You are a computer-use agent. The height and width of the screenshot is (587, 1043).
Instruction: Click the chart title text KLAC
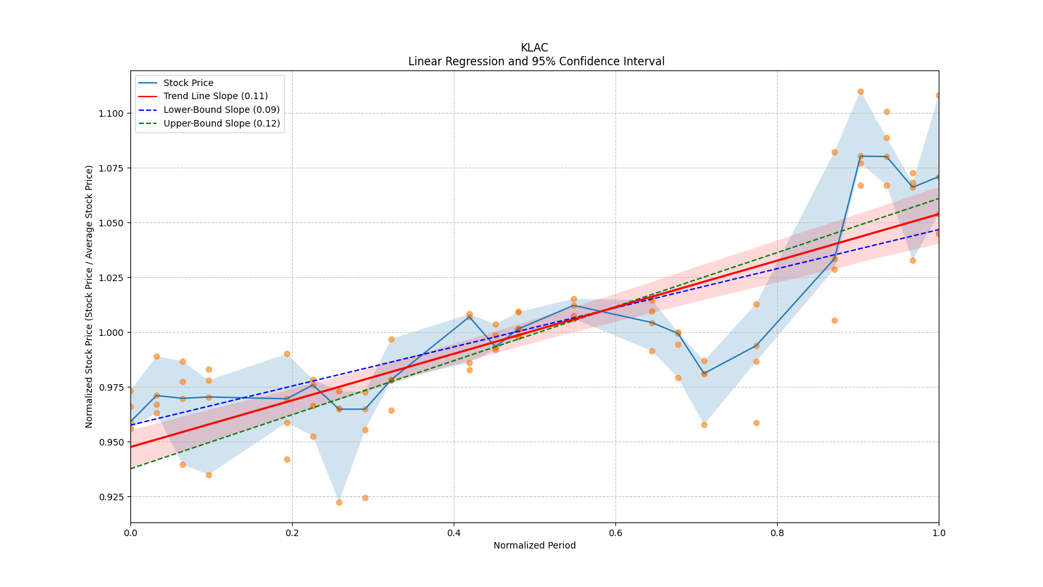pos(534,48)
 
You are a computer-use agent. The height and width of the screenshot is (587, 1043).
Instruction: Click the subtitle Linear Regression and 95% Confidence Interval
pos(536,61)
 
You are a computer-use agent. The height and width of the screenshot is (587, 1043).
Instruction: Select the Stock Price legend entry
pos(188,83)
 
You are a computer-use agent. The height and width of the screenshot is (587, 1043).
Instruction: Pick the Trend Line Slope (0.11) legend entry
pos(215,97)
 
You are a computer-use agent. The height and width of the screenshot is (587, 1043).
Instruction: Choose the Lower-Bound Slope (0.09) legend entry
pos(221,110)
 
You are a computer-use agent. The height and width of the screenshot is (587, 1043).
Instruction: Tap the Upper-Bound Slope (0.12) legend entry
pos(222,123)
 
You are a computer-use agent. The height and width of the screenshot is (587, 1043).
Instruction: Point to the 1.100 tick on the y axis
pos(110,113)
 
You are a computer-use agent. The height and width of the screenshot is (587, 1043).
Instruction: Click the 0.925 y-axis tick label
pos(110,497)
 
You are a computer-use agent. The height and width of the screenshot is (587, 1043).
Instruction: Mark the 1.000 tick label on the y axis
pos(110,333)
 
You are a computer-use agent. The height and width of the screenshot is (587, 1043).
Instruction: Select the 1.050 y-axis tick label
pos(110,223)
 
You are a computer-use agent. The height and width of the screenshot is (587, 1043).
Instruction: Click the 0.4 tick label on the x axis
pos(454,533)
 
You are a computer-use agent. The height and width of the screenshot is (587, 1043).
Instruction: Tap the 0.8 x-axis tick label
pos(777,533)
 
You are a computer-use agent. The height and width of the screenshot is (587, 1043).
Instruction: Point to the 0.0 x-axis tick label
pos(130,533)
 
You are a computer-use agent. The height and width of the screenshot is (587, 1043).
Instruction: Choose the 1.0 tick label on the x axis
pos(939,533)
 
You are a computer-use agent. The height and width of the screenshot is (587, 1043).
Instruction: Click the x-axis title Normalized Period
pos(535,545)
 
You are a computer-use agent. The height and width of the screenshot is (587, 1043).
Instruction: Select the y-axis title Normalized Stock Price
pos(89,296)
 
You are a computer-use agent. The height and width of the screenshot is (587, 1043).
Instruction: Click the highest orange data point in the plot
pos(860,91)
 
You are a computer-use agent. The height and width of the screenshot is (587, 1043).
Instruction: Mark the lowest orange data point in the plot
pos(339,502)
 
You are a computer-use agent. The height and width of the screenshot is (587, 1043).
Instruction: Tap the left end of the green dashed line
pos(130,468)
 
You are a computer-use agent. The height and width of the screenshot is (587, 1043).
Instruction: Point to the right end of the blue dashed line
pos(939,229)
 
